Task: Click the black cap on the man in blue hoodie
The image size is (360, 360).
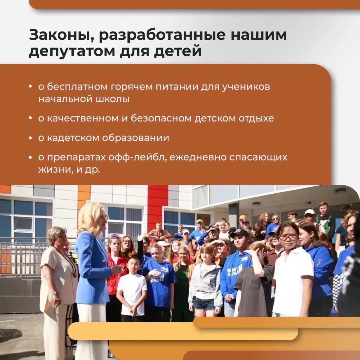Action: point(239,233)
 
